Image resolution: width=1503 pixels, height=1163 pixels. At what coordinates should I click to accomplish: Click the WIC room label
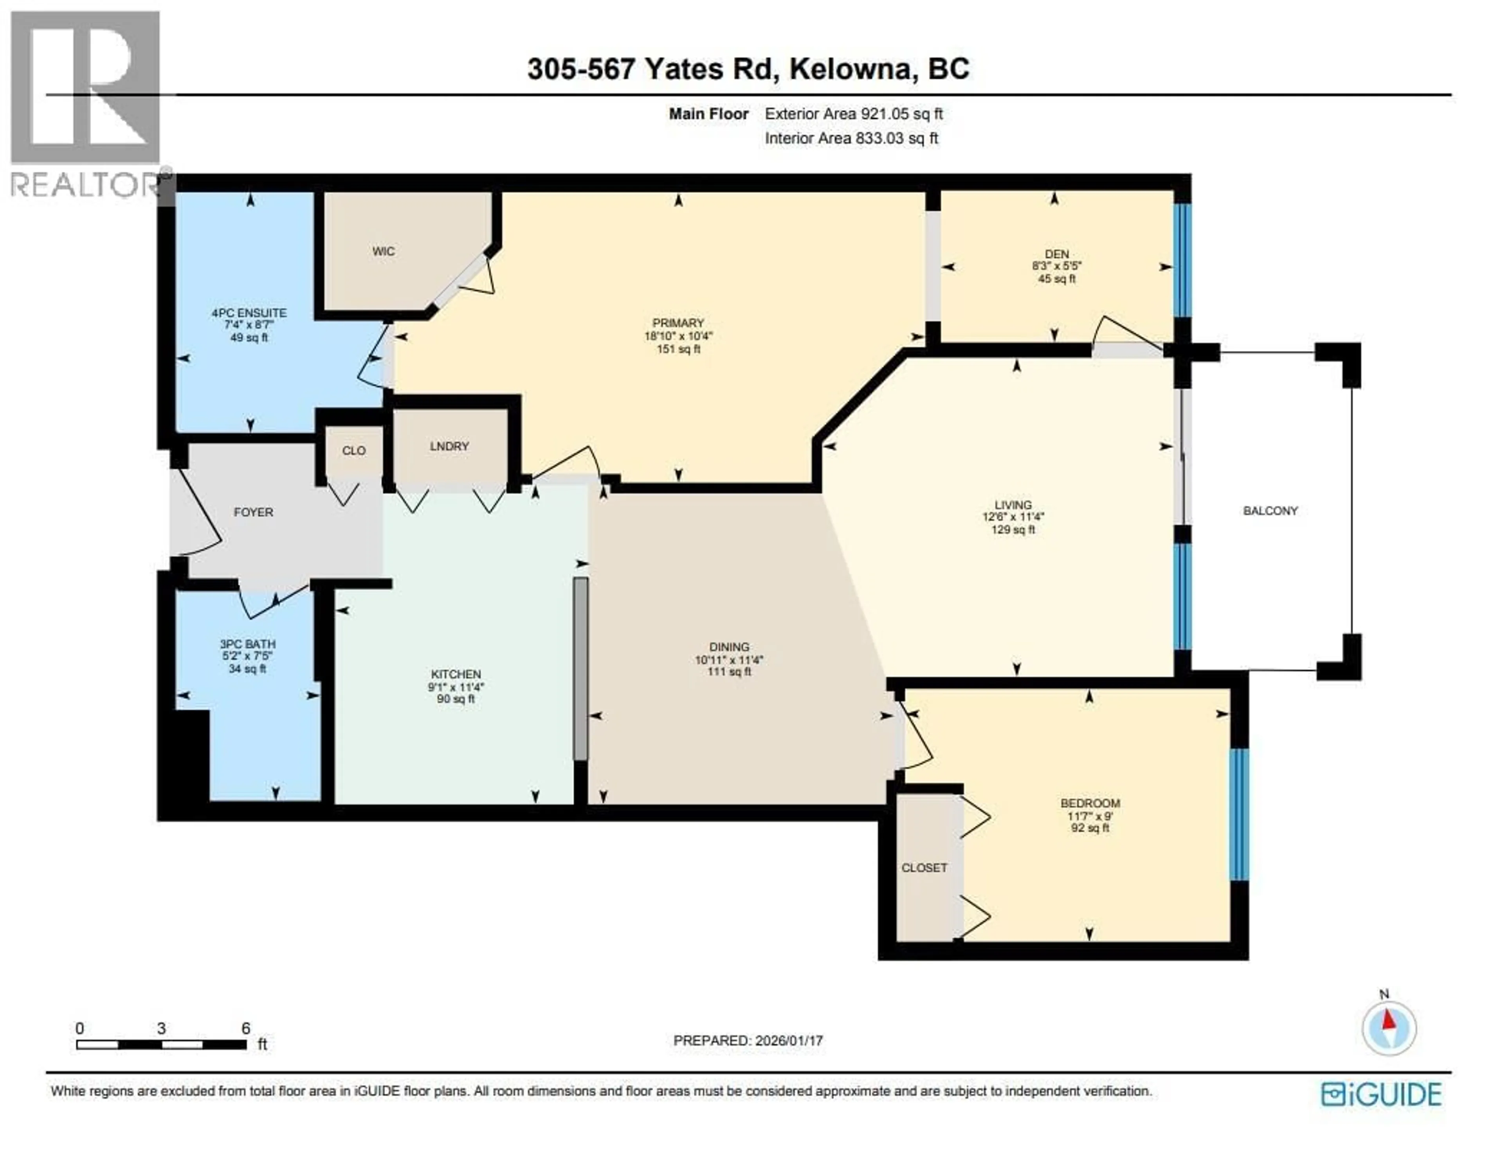(x=383, y=251)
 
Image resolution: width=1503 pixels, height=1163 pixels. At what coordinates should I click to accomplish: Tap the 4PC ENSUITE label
(x=249, y=313)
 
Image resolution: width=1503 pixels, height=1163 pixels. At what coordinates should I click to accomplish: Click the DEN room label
(x=1056, y=254)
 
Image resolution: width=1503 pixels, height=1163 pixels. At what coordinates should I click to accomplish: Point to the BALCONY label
(x=1271, y=511)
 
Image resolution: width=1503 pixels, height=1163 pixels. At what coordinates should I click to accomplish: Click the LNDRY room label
(x=449, y=446)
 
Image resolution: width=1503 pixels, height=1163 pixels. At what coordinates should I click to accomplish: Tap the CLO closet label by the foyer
(x=354, y=451)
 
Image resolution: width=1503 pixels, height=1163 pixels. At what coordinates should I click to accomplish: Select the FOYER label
(x=253, y=512)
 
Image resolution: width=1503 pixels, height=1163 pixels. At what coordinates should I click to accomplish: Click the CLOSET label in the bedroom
(x=924, y=868)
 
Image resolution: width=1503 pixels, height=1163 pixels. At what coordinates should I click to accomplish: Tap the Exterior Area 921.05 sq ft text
(x=853, y=114)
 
